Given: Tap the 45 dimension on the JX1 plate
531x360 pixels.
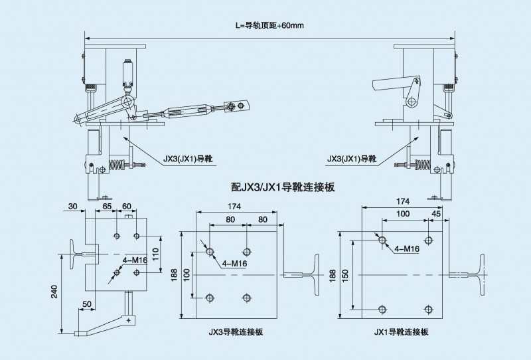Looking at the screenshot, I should tap(436, 214).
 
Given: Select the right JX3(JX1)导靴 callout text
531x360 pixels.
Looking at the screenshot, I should tap(352, 159).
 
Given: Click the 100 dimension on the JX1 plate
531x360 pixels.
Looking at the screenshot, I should tap(402, 214).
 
